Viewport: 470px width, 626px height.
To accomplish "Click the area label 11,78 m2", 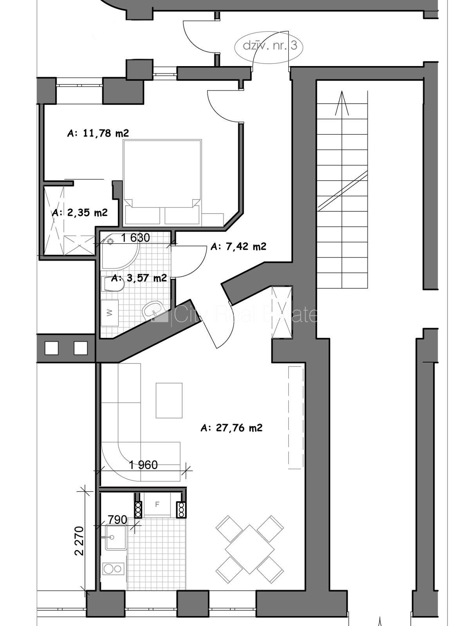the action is [x=98, y=133].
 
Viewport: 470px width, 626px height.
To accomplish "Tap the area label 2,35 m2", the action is [x=80, y=212].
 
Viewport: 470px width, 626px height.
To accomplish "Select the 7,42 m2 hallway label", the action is [x=238, y=246].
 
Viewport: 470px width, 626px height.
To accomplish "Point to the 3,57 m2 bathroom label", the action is [x=139, y=278].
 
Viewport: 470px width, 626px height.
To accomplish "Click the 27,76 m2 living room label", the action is [x=231, y=428].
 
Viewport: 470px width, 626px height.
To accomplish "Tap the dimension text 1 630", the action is [x=135, y=238].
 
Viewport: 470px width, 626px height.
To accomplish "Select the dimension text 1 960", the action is [x=143, y=465].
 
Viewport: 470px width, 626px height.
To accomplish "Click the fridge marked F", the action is [x=157, y=505].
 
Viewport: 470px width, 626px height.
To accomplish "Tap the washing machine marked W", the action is [x=110, y=313].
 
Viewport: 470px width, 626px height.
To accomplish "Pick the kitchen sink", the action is [x=116, y=537].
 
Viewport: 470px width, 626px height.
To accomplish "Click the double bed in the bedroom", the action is [x=163, y=183].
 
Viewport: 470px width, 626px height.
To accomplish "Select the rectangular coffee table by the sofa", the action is [x=169, y=400].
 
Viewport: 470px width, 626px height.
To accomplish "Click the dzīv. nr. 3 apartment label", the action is [x=270, y=46].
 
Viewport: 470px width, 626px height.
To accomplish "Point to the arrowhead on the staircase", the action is [x=342, y=103].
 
